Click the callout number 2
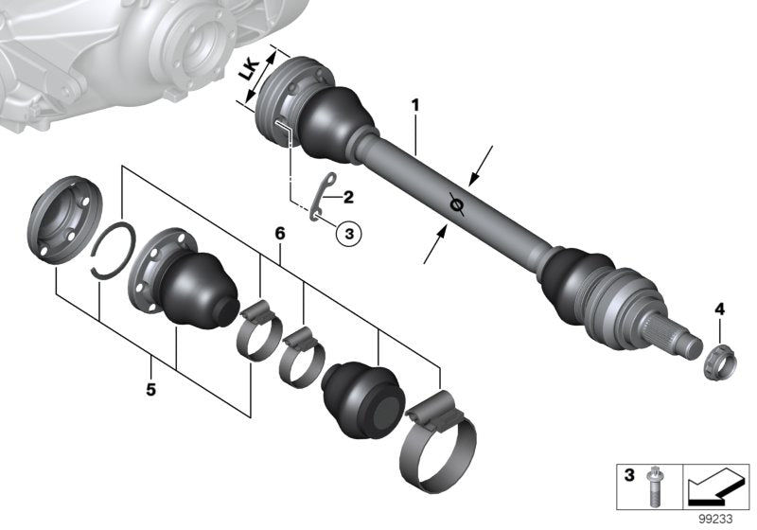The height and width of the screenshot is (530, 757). [x=348, y=197]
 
